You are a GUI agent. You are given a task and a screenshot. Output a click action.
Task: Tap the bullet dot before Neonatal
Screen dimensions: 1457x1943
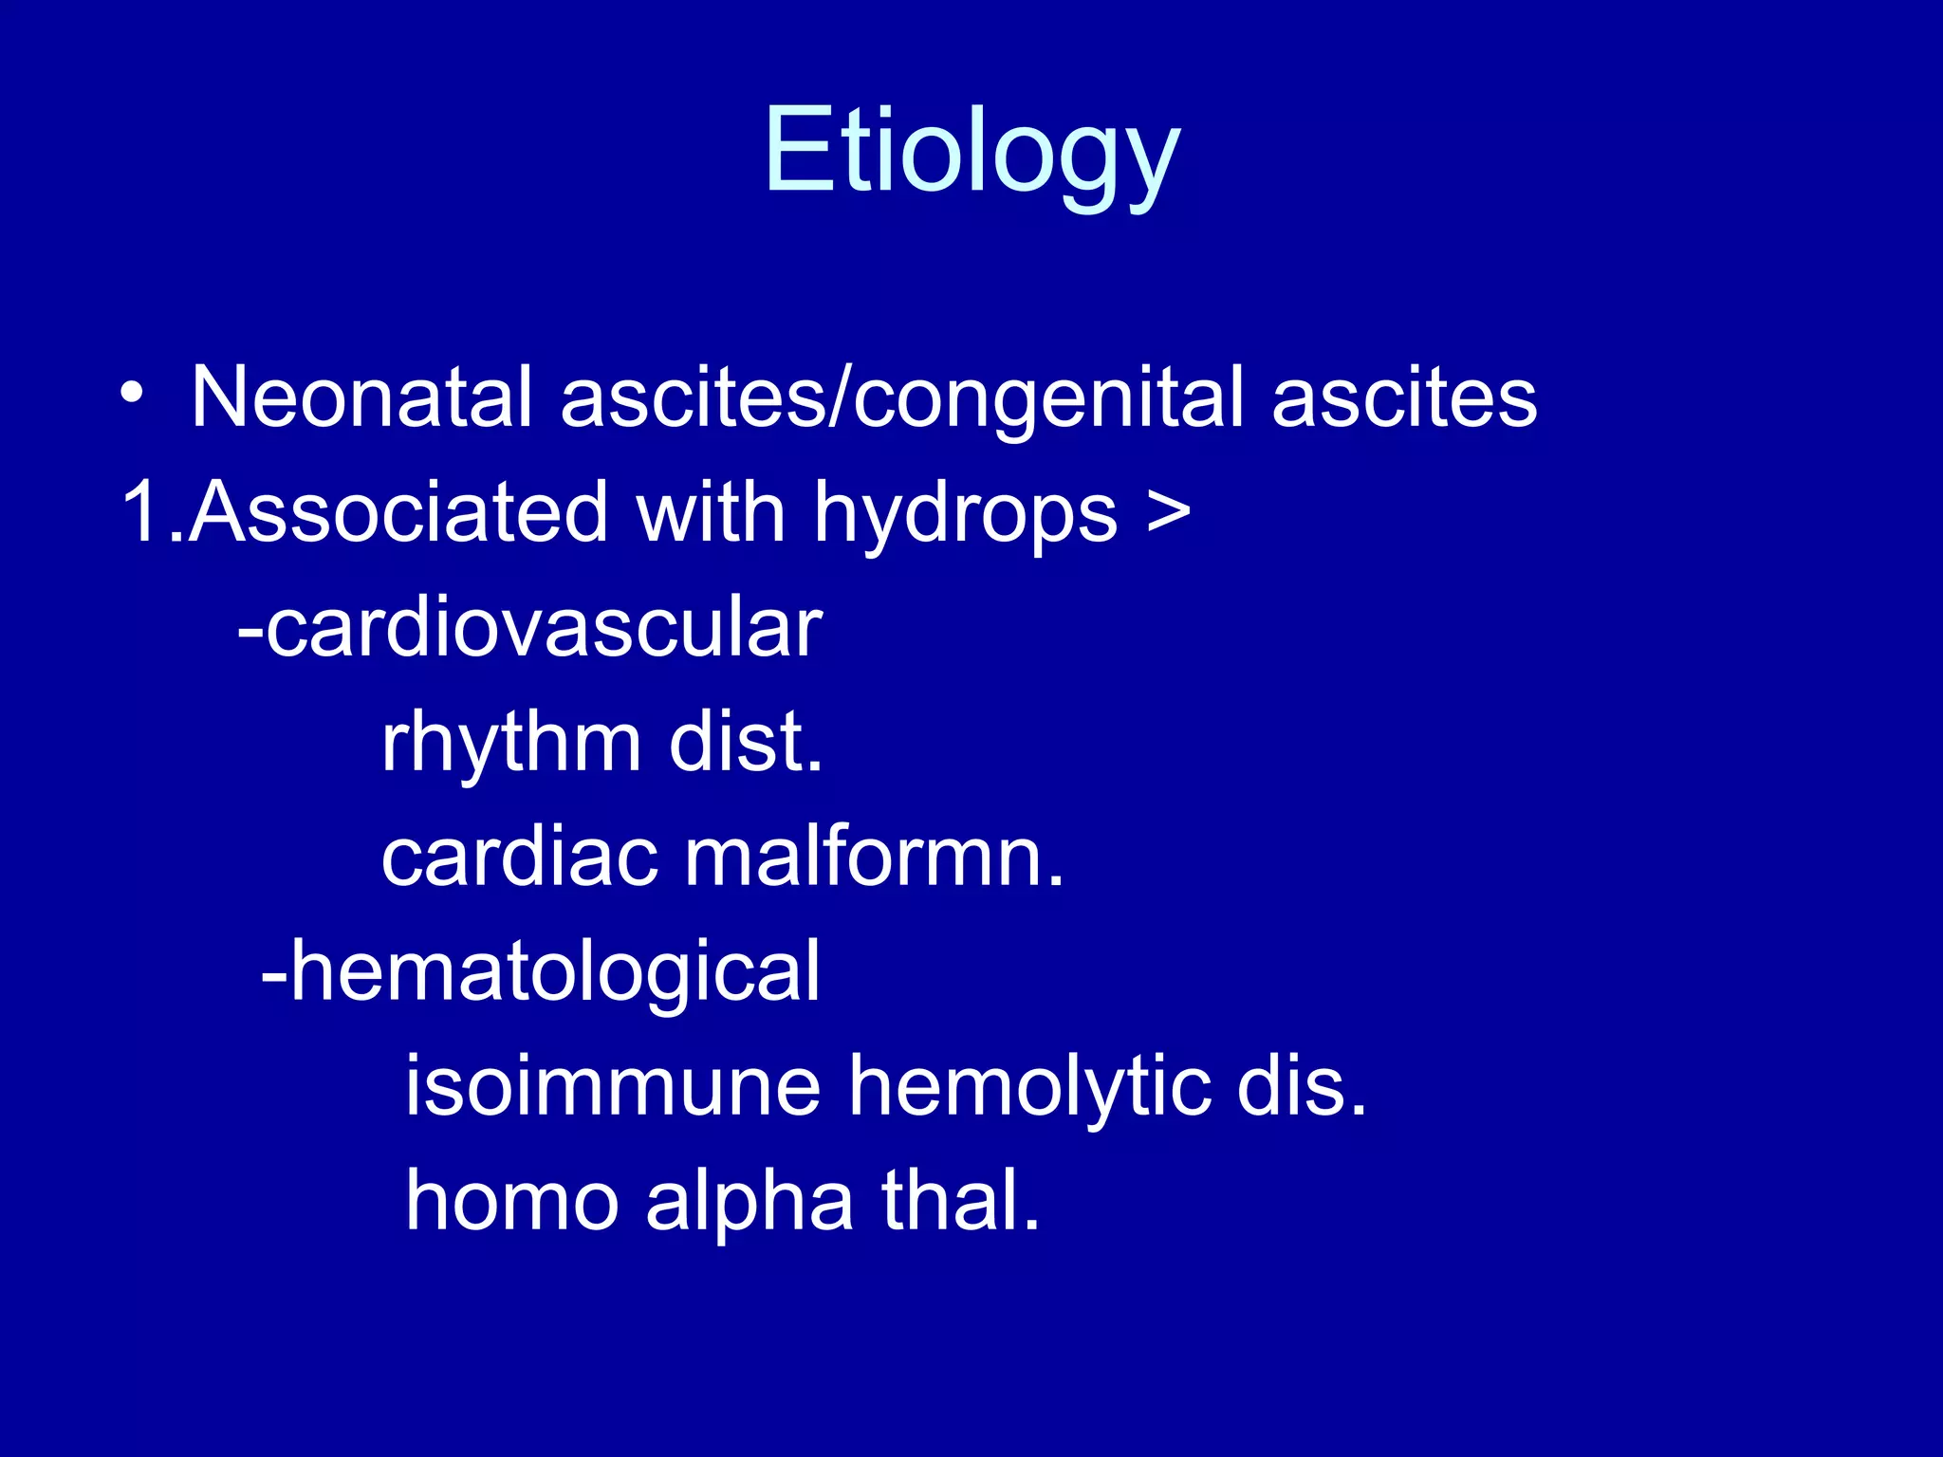click(133, 394)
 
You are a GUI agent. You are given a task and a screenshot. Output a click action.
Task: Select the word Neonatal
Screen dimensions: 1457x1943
click(361, 398)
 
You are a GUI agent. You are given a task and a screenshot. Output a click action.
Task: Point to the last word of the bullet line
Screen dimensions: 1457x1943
click(1403, 398)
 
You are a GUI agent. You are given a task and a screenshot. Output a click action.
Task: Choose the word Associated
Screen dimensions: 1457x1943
click(398, 513)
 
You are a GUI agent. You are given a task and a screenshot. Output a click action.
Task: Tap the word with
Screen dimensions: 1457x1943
click(711, 512)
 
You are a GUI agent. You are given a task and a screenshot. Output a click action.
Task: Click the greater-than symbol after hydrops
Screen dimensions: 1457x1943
click(1168, 512)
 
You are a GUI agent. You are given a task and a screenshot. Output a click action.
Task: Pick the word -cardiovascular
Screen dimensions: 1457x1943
click(529, 628)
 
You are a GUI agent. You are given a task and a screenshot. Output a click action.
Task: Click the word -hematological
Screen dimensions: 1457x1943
click(540, 972)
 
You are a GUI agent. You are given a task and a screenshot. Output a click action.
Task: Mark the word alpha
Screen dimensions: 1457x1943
click(749, 1205)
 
